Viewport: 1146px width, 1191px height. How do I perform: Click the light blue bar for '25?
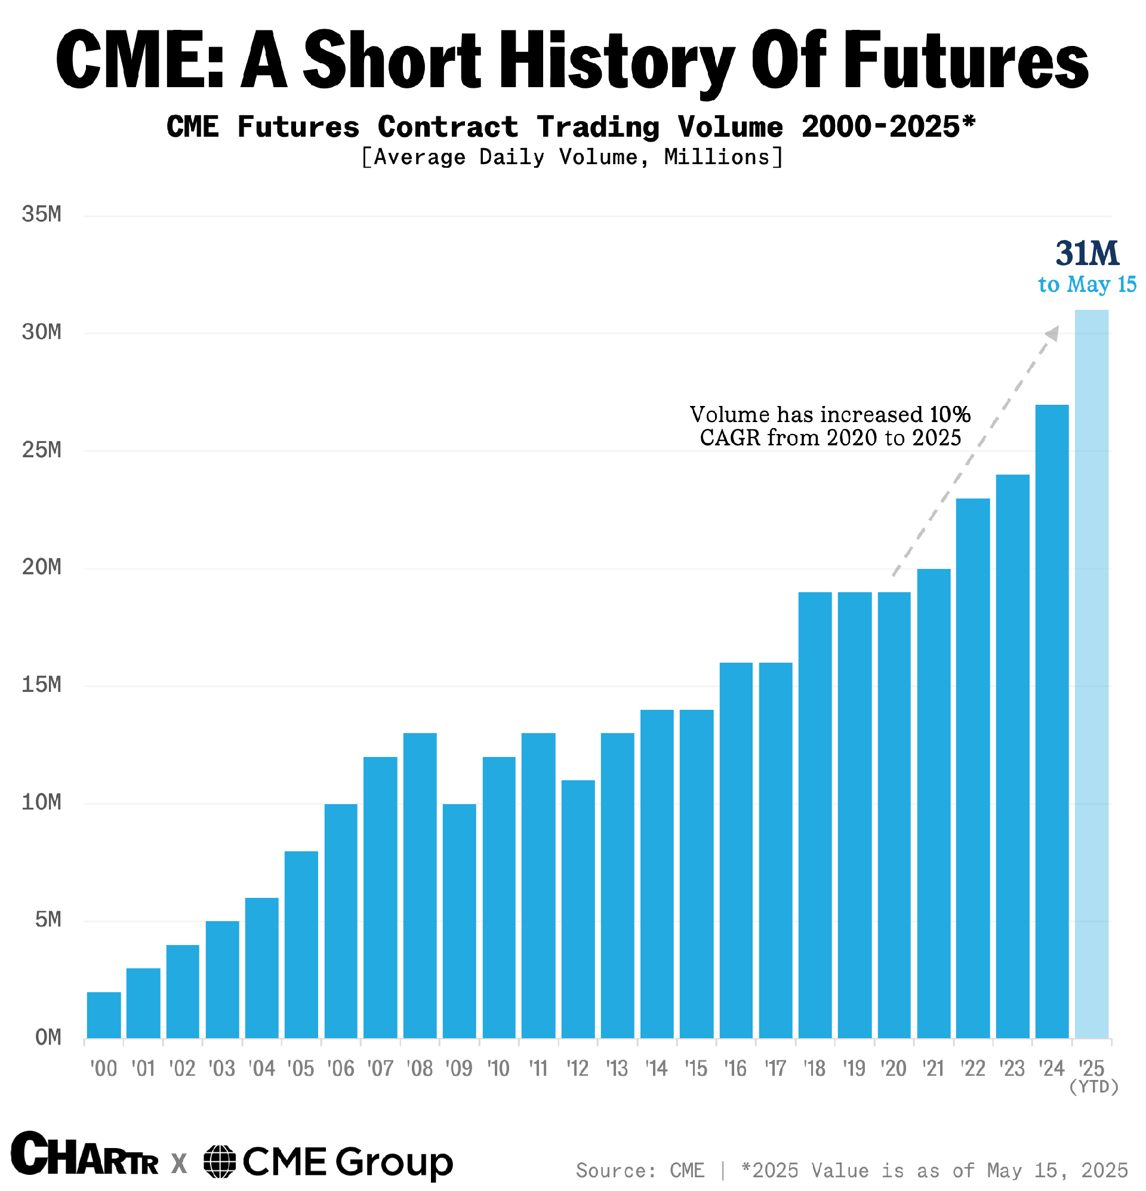[1091, 675]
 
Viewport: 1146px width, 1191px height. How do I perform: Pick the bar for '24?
[1052, 721]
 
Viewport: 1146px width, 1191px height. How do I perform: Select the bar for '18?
[815, 815]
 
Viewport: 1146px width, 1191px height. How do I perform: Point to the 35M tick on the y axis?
[41, 214]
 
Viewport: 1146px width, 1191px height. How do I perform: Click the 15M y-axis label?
[41, 685]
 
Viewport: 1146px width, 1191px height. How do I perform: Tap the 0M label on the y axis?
[47, 1037]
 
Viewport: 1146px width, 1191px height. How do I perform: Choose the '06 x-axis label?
[340, 1069]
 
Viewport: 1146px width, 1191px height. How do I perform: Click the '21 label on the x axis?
[933, 1069]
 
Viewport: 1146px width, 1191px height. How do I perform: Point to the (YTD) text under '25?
[1093, 1087]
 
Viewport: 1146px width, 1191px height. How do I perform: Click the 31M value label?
[1087, 253]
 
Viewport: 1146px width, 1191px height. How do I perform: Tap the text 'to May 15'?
[1087, 284]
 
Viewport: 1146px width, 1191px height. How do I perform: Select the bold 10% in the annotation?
[950, 414]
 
